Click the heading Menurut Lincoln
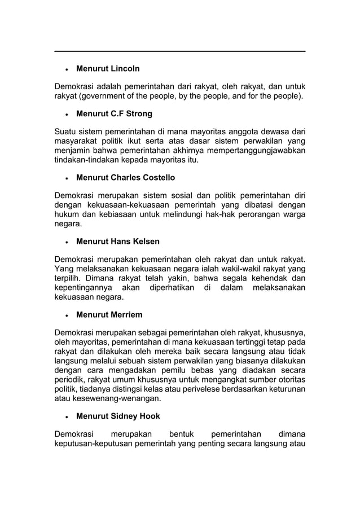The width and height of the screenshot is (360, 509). click(x=108, y=69)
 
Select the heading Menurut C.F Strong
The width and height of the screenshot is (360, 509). click(x=114, y=114)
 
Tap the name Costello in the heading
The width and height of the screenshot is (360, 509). click(x=159, y=178)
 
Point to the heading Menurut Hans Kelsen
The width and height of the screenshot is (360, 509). click(x=117, y=242)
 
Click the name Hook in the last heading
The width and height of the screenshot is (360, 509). click(x=149, y=416)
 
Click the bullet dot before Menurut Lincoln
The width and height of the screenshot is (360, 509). click(x=67, y=69)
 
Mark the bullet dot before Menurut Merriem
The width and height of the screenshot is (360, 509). click(x=67, y=315)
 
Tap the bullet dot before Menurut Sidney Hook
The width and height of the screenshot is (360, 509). click(x=67, y=416)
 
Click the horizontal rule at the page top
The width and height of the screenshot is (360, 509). click(x=179, y=51)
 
